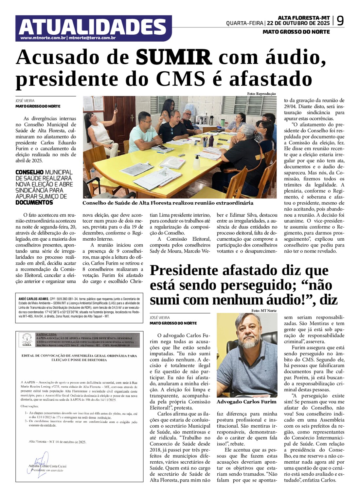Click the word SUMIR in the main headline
click(x=174, y=57)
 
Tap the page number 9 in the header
click(x=340, y=21)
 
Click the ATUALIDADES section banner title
click(x=93, y=27)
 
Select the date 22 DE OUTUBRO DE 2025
click(x=298, y=23)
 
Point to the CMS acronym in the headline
click(x=180, y=79)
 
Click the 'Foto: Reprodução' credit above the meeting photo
click(x=261, y=94)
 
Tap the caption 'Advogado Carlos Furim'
click(x=246, y=402)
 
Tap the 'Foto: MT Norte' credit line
click(x=264, y=310)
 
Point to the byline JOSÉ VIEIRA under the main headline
click(x=25, y=101)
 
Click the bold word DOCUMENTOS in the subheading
click(x=34, y=203)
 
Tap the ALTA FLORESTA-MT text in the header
click(x=304, y=18)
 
